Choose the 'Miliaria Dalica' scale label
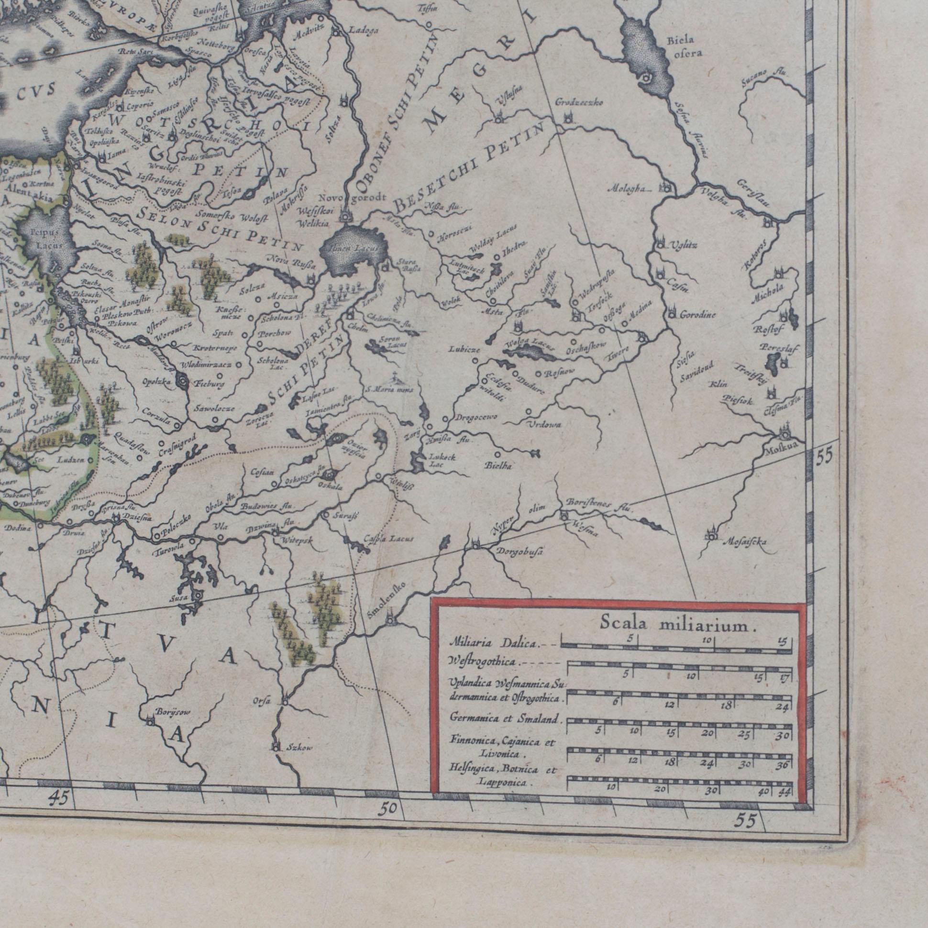495,643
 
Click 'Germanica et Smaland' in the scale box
506,719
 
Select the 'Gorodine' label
697,315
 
